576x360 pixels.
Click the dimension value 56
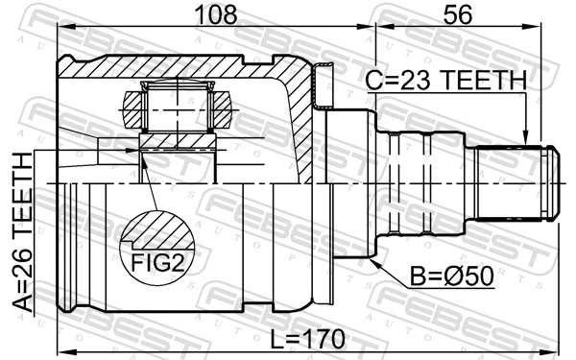(x=458, y=16)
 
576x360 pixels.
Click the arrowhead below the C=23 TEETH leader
(x=524, y=136)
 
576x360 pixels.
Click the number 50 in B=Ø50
(x=475, y=276)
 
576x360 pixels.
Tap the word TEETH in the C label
(x=486, y=81)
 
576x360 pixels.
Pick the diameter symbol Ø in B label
(x=454, y=276)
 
